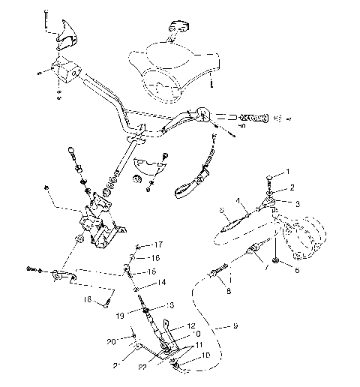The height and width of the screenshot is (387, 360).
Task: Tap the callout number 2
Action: click(x=292, y=187)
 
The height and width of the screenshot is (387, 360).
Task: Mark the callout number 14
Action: click(x=160, y=283)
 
